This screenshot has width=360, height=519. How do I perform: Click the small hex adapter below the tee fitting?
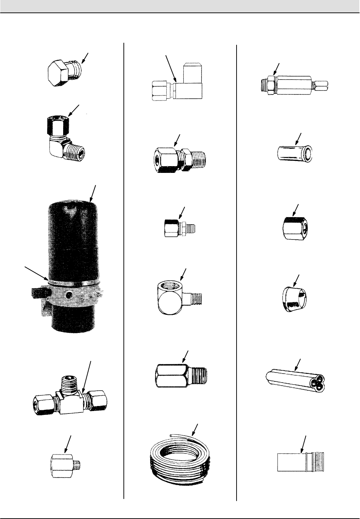point(66,465)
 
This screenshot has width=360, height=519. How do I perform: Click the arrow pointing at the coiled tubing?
point(195,430)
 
